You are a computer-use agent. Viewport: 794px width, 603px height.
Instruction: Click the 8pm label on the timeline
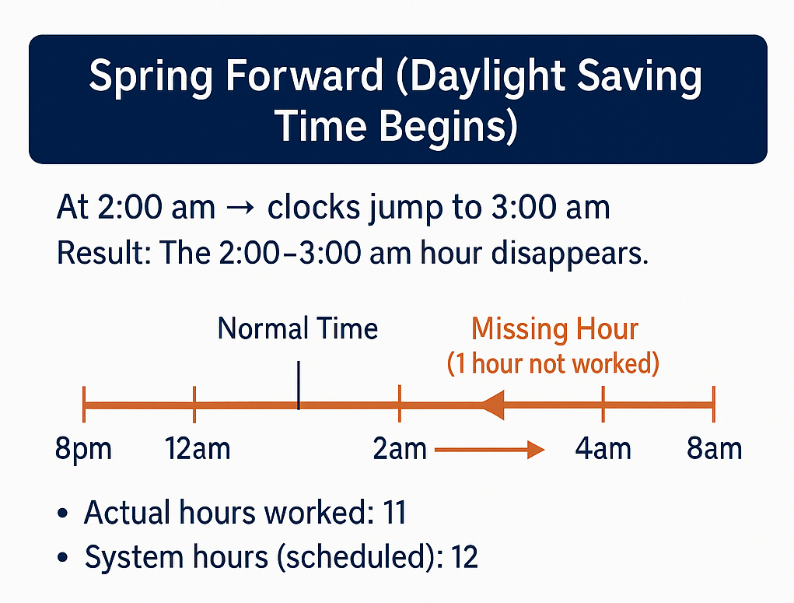tap(83, 449)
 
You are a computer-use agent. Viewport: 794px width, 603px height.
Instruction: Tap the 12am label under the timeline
tap(198, 449)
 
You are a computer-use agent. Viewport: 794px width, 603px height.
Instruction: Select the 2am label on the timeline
tap(400, 449)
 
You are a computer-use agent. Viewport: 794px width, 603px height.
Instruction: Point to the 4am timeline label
tap(603, 449)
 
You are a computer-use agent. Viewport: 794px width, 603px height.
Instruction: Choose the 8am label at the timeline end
tap(715, 449)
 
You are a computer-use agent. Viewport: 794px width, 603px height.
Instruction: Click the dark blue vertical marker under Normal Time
tap(299, 385)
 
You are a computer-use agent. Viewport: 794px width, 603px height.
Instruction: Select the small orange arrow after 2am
tap(490, 450)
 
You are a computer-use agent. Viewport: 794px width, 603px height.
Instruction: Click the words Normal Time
tap(298, 328)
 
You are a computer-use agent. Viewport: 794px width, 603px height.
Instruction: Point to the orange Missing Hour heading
tap(554, 329)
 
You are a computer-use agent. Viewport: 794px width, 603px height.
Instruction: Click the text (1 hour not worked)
tap(553, 364)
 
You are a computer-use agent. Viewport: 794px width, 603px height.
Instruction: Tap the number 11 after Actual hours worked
tap(394, 512)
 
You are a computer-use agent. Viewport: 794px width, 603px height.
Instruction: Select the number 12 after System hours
tap(464, 557)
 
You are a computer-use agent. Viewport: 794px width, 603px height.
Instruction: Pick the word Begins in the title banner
tap(449, 127)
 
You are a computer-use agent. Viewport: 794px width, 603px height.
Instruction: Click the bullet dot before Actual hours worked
tap(63, 514)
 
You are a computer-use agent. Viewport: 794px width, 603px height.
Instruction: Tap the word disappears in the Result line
tap(570, 252)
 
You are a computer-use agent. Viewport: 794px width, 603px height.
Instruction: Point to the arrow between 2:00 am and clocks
tap(240, 208)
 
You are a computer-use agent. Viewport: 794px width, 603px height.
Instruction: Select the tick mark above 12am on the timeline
tap(194, 404)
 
